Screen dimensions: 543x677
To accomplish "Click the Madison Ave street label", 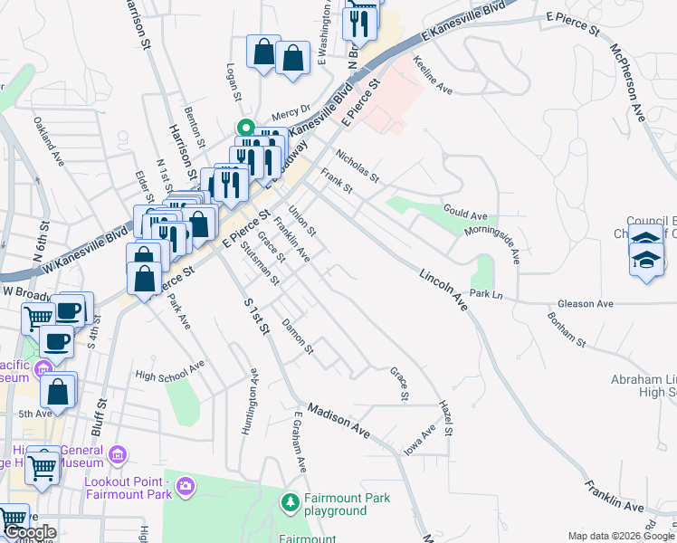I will [x=339, y=421].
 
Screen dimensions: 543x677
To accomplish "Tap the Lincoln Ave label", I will [x=443, y=289].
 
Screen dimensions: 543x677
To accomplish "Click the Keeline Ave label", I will [x=432, y=76].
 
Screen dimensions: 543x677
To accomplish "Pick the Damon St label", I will [x=297, y=336].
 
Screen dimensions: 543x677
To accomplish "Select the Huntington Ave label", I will [x=250, y=402].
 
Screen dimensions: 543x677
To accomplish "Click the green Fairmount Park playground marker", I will [x=290, y=500].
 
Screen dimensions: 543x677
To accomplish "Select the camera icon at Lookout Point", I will [x=186, y=488].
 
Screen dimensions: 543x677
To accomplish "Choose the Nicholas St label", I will [x=358, y=165].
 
